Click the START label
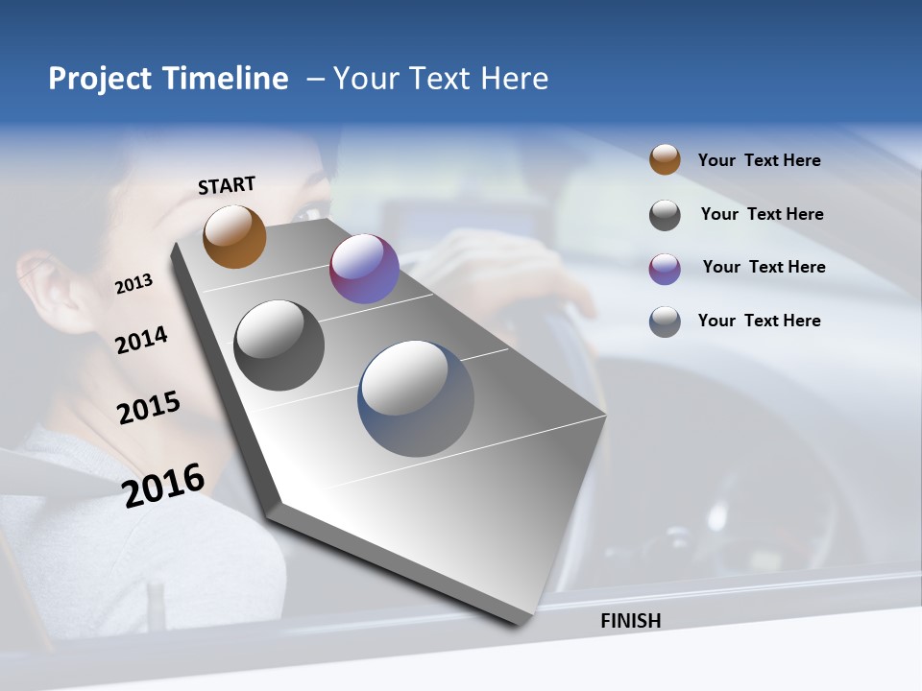point(227,185)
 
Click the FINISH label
point(630,621)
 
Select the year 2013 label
point(134,284)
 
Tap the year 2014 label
point(142,340)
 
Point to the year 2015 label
point(149,408)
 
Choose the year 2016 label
point(163,486)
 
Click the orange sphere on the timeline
point(234,237)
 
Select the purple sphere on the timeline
point(364,269)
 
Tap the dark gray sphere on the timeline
point(279,345)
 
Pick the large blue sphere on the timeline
point(416,398)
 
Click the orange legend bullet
point(665,159)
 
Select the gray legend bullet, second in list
point(665,215)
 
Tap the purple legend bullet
point(665,269)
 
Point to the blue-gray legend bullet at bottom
point(665,322)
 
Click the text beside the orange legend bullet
point(759,160)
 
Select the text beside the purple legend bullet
point(764,267)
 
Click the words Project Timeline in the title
point(168,79)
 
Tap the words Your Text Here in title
point(440,79)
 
